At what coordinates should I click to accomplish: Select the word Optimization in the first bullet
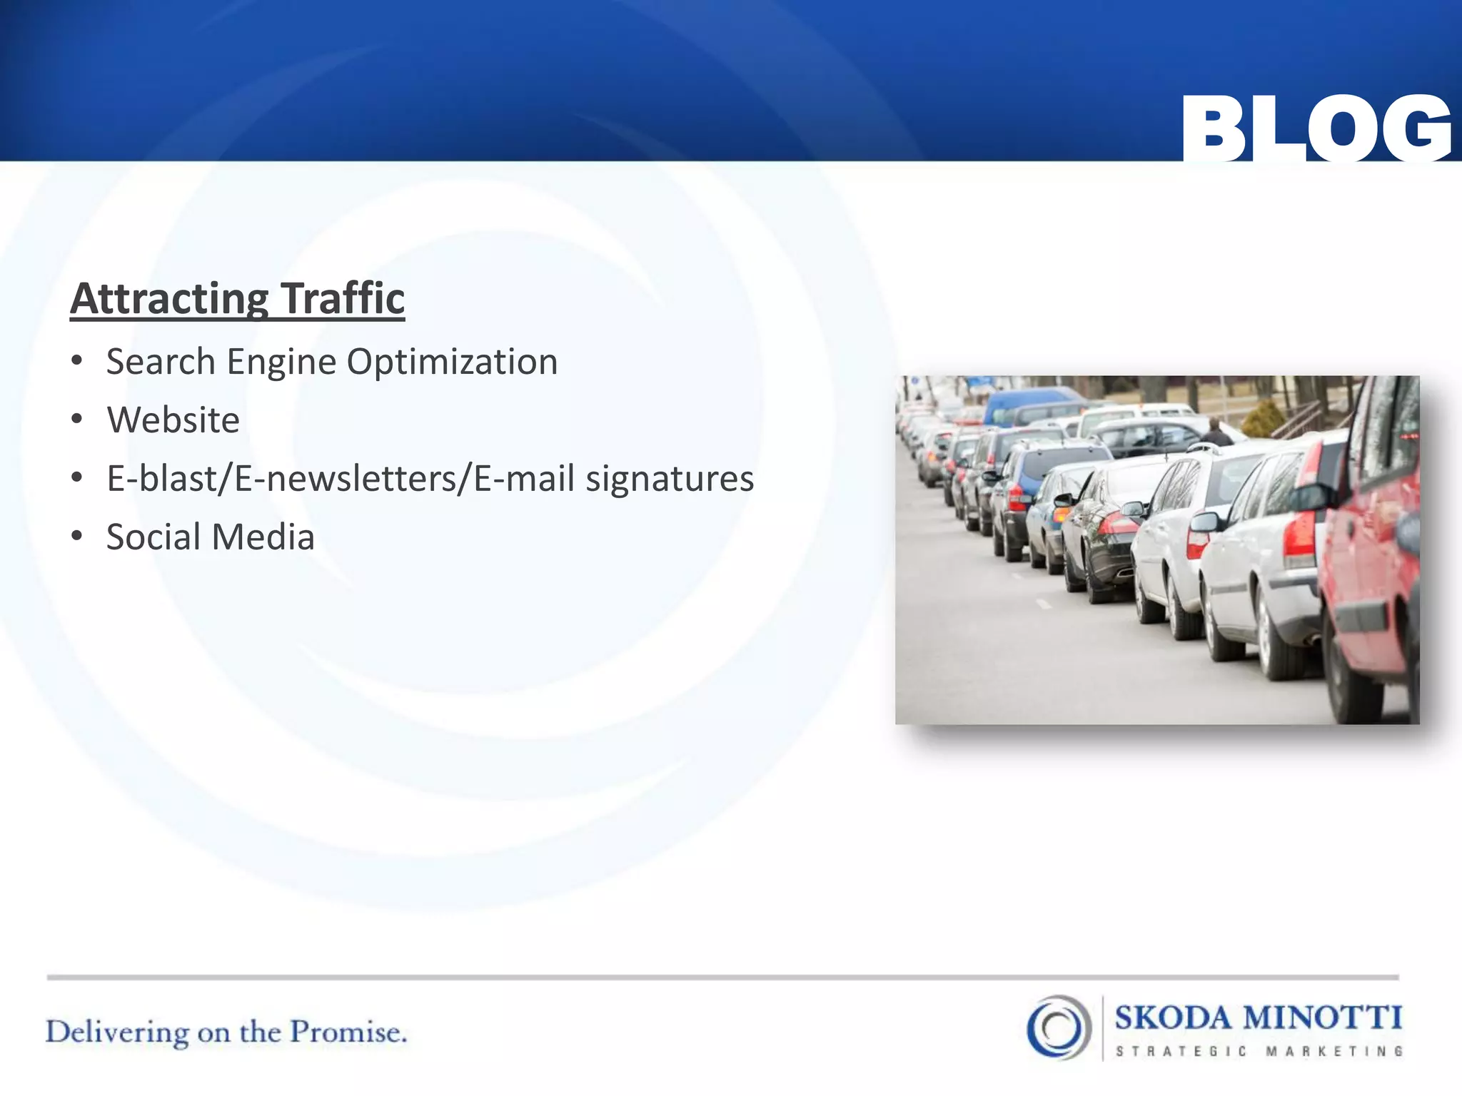tap(452, 362)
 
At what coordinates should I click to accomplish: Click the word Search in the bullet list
tap(161, 362)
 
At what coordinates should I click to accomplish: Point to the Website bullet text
tap(173, 420)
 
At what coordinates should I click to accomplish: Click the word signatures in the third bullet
tap(670, 479)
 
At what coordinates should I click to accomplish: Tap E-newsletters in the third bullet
tap(353, 479)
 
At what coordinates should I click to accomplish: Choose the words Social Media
tap(210, 537)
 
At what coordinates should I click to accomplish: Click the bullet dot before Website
tap(77, 419)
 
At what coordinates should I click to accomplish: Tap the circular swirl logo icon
tap(1059, 1027)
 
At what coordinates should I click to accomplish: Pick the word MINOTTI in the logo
tap(1322, 1018)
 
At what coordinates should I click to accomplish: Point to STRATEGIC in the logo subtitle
tap(1181, 1051)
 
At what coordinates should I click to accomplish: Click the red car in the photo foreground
tap(1371, 564)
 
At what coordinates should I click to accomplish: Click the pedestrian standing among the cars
tap(1214, 432)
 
